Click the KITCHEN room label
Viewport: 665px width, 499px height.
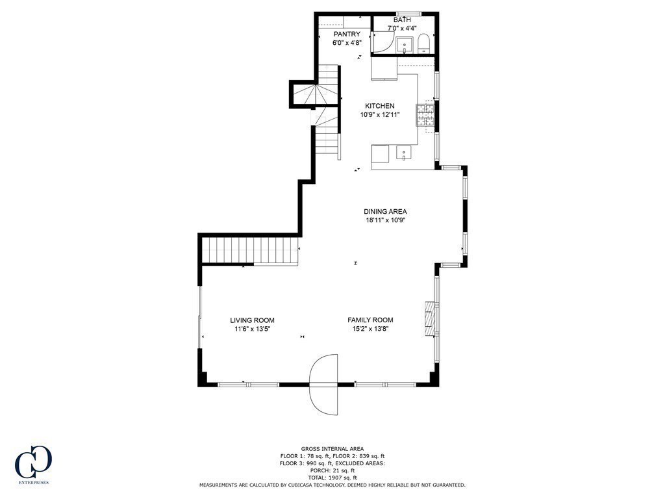[x=379, y=106]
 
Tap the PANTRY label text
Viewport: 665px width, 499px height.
[x=347, y=34]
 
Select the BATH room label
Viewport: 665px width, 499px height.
[x=402, y=20]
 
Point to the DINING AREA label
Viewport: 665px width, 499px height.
[x=385, y=211]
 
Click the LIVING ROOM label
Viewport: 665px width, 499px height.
[x=252, y=320]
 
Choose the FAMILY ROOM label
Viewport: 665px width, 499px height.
[x=370, y=320]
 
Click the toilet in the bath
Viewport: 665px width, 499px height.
[x=423, y=43]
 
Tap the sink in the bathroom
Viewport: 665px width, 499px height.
[x=404, y=45]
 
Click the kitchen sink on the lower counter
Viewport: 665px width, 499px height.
[x=404, y=154]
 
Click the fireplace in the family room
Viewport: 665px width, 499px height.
[x=429, y=318]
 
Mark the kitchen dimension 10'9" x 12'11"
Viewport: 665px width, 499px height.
[x=379, y=115]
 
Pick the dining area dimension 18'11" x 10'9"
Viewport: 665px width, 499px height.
[x=385, y=220]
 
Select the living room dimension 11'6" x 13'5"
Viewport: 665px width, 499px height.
[x=252, y=329]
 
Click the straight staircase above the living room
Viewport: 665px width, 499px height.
[x=250, y=250]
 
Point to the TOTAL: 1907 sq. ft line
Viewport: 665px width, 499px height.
[x=332, y=478]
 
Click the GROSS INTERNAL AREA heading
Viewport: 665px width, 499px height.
[x=332, y=448]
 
